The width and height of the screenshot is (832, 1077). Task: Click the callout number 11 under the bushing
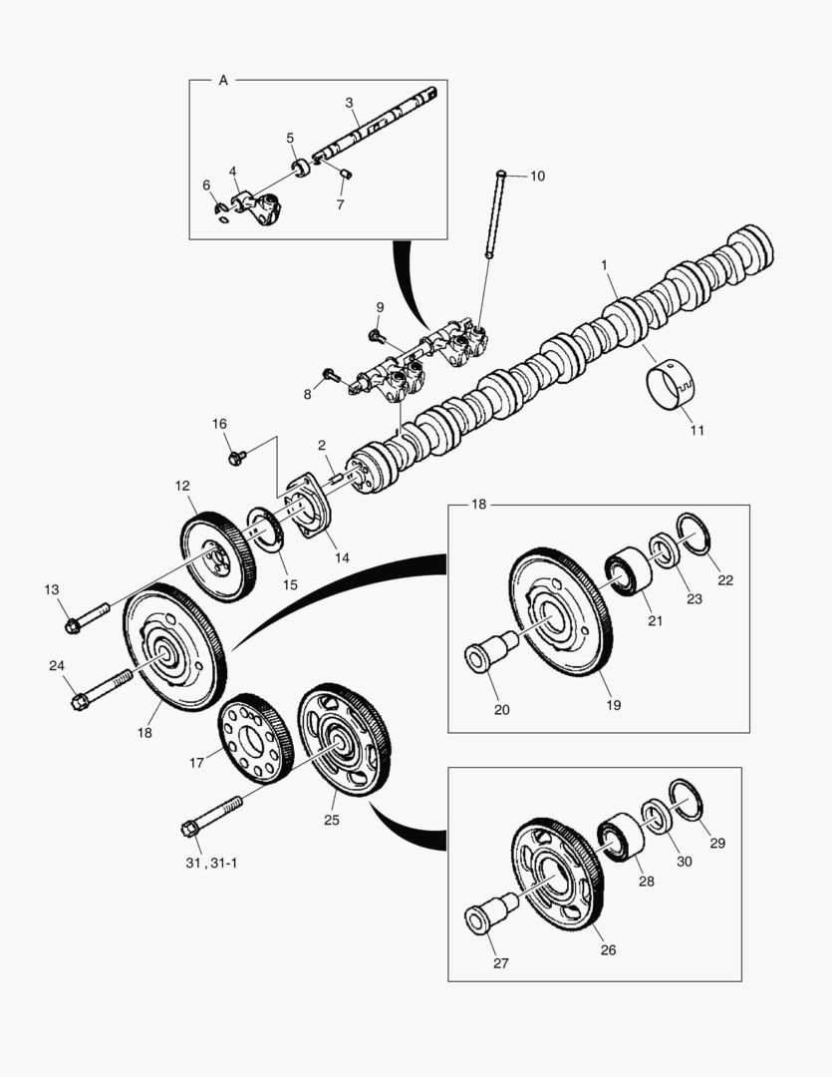tap(696, 431)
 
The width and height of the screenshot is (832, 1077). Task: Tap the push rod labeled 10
tap(495, 214)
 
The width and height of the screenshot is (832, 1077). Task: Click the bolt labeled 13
tap(86, 618)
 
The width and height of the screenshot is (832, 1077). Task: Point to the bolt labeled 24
tap(99, 690)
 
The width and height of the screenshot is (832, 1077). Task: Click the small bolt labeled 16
tap(236, 458)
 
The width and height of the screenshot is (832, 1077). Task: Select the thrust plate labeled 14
tap(308, 509)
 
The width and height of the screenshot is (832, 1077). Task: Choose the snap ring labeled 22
tap(693, 536)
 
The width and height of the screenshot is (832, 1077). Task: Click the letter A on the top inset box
tap(222, 80)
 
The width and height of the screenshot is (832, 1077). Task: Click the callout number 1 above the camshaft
tap(604, 265)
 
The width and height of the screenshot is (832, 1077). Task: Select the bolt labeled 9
tap(377, 335)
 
